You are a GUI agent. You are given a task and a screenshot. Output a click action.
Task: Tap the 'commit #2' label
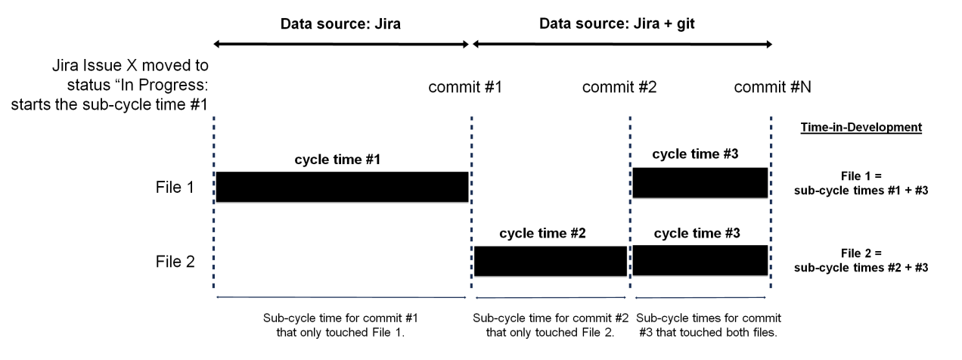pos(619,87)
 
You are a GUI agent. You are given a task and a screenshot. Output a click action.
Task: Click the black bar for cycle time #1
pos(342,187)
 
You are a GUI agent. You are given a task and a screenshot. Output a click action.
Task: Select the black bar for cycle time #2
pos(551,261)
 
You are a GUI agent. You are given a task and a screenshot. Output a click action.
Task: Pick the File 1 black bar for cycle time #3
pos(700,183)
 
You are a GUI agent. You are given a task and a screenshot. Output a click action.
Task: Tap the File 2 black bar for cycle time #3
pos(700,260)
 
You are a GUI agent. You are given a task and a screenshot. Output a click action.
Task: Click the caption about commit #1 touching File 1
pos(342,324)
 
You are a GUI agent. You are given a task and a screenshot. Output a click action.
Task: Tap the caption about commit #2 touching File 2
pos(551,324)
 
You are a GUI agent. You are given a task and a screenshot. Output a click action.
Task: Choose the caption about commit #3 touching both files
pos(709,324)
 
